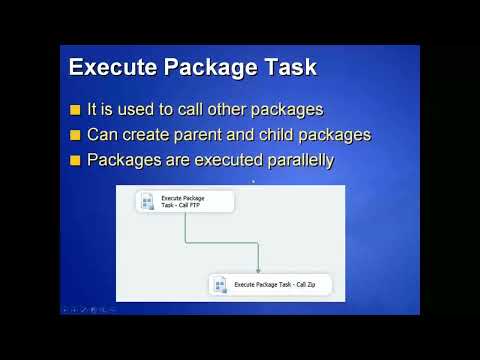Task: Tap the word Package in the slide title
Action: coord(204,69)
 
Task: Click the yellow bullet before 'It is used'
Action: coord(75,110)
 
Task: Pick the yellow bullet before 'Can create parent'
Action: coord(75,135)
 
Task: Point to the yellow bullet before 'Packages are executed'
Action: coord(75,159)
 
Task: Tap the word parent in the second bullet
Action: coord(178,135)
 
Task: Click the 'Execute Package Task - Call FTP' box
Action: coord(185,202)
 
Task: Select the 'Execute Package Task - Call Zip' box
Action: coord(270,285)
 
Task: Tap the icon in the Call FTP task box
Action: coord(148,202)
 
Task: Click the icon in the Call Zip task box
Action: coord(221,285)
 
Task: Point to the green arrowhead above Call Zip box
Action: coord(258,270)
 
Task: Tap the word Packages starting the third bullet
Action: coord(124,159)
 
